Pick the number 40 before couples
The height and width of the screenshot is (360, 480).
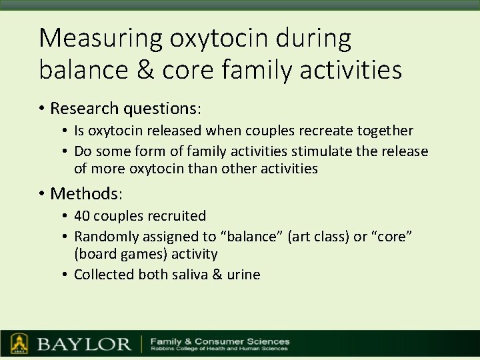[82, 216]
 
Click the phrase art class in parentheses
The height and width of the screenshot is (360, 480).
[315, 236]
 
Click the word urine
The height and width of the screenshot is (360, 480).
[244, 275]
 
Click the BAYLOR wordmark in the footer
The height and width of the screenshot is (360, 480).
[84, 345]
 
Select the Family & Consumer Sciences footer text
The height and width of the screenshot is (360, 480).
[220, 341]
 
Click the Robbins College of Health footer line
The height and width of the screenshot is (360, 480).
[220, 349]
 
